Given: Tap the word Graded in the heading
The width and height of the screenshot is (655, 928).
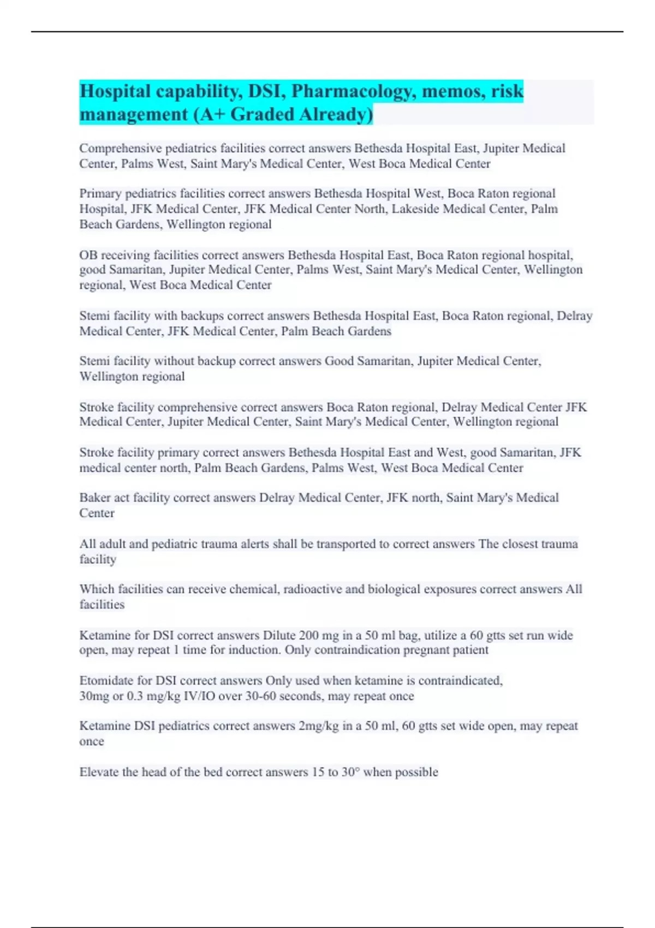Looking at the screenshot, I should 263,114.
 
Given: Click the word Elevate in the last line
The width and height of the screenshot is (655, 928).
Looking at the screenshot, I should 99,772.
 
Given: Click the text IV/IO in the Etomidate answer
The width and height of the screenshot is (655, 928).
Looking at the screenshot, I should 201,696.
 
